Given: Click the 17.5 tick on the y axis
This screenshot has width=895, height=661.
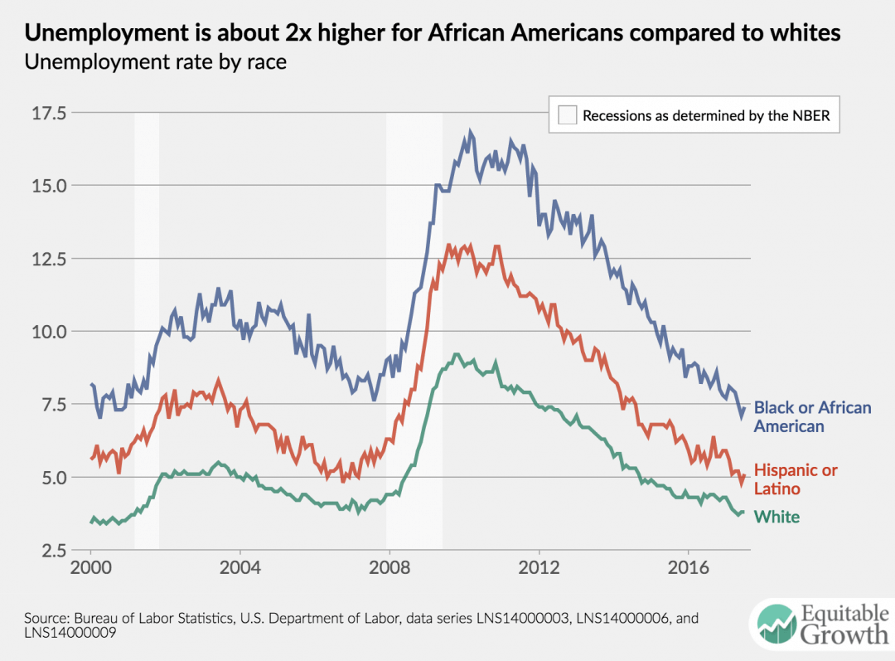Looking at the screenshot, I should (x=50, y=112).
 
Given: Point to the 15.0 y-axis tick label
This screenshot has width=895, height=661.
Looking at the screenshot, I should (x=50, y=185).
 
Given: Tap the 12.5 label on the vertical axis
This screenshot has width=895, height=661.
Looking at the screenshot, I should (x=50, y=258).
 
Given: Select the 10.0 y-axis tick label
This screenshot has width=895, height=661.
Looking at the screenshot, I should (x=50, y=331).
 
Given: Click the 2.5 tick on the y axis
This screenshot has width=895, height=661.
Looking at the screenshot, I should (x=55, y=550).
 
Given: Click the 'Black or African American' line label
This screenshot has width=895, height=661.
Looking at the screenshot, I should (x=812, y=416).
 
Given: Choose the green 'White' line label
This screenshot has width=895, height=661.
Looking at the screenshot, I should (x=776, y=517).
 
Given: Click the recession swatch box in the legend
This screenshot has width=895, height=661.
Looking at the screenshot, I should (x=567, y=115).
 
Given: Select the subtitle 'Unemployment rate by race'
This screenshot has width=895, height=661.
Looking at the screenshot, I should (x=156, y=62).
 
